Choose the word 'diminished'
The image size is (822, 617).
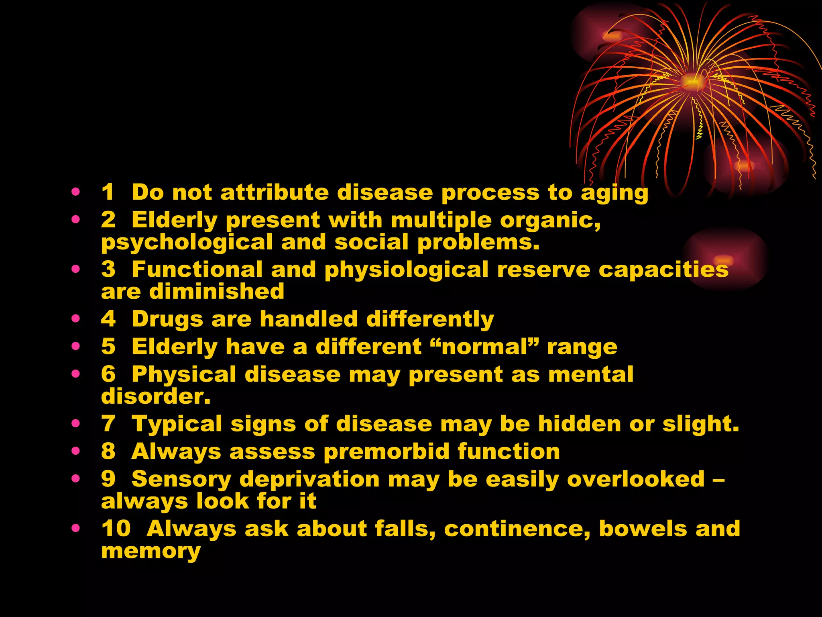[x=217, y=291]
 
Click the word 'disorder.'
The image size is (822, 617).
[x=156, y=396]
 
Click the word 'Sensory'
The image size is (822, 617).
[x=181, y=480]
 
